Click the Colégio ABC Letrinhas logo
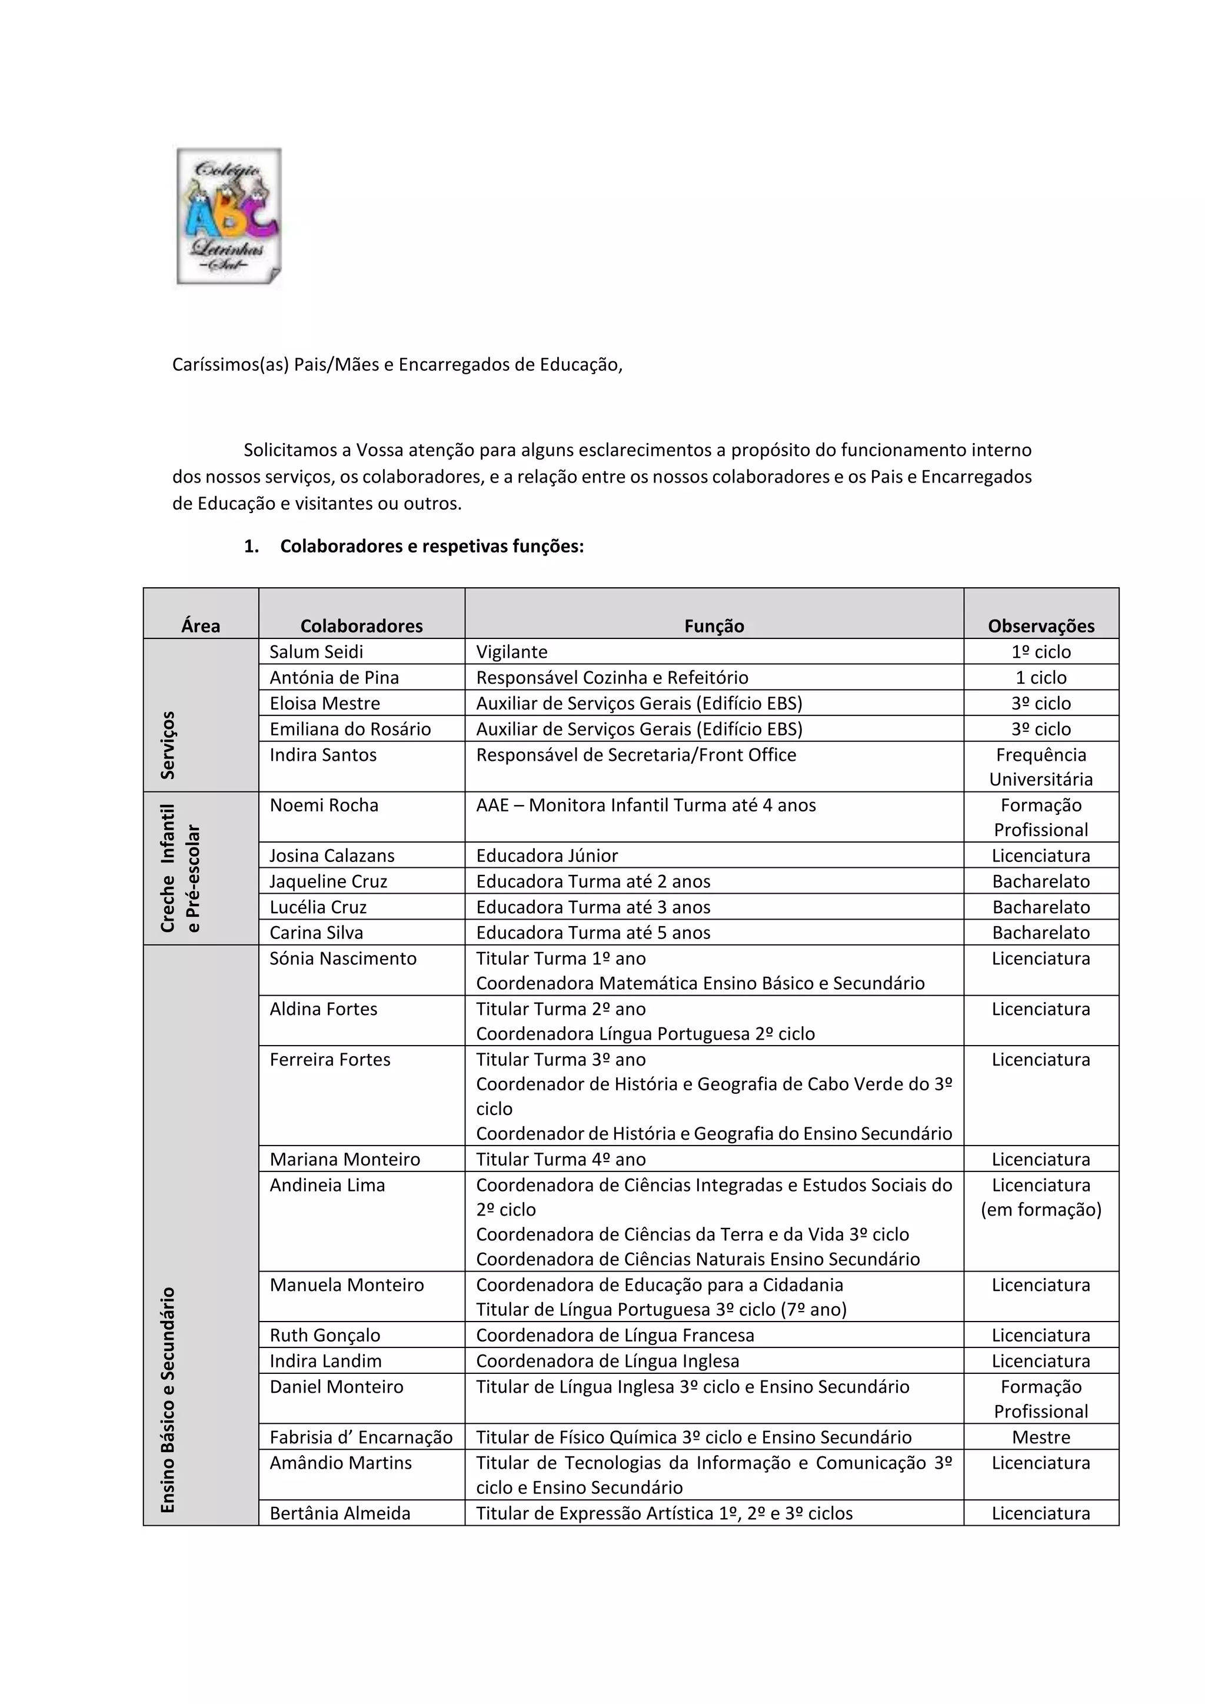tap(228, 216)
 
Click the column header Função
tap(713, 625)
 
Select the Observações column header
tap(1040, 625)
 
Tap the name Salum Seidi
tap(316, 651)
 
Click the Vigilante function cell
tap(512, 651)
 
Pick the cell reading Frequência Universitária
tap(1040, 767)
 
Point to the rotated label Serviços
tap(168, 744)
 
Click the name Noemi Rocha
tap(324, 806)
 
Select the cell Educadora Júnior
tap(547, 856)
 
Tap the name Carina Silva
tap(316, 933)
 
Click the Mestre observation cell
tap(1040, 1437)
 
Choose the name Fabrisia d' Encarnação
tap(361, 1437)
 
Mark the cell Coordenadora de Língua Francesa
tap(614, 1335)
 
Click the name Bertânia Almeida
tap(340, 1513)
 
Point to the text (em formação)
tap(1040, 1210)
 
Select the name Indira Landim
tap(325, 1361)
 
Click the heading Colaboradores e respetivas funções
tap(431, 546)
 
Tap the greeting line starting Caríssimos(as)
tap(397, 364)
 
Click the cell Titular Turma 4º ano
tap(560, 1159)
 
